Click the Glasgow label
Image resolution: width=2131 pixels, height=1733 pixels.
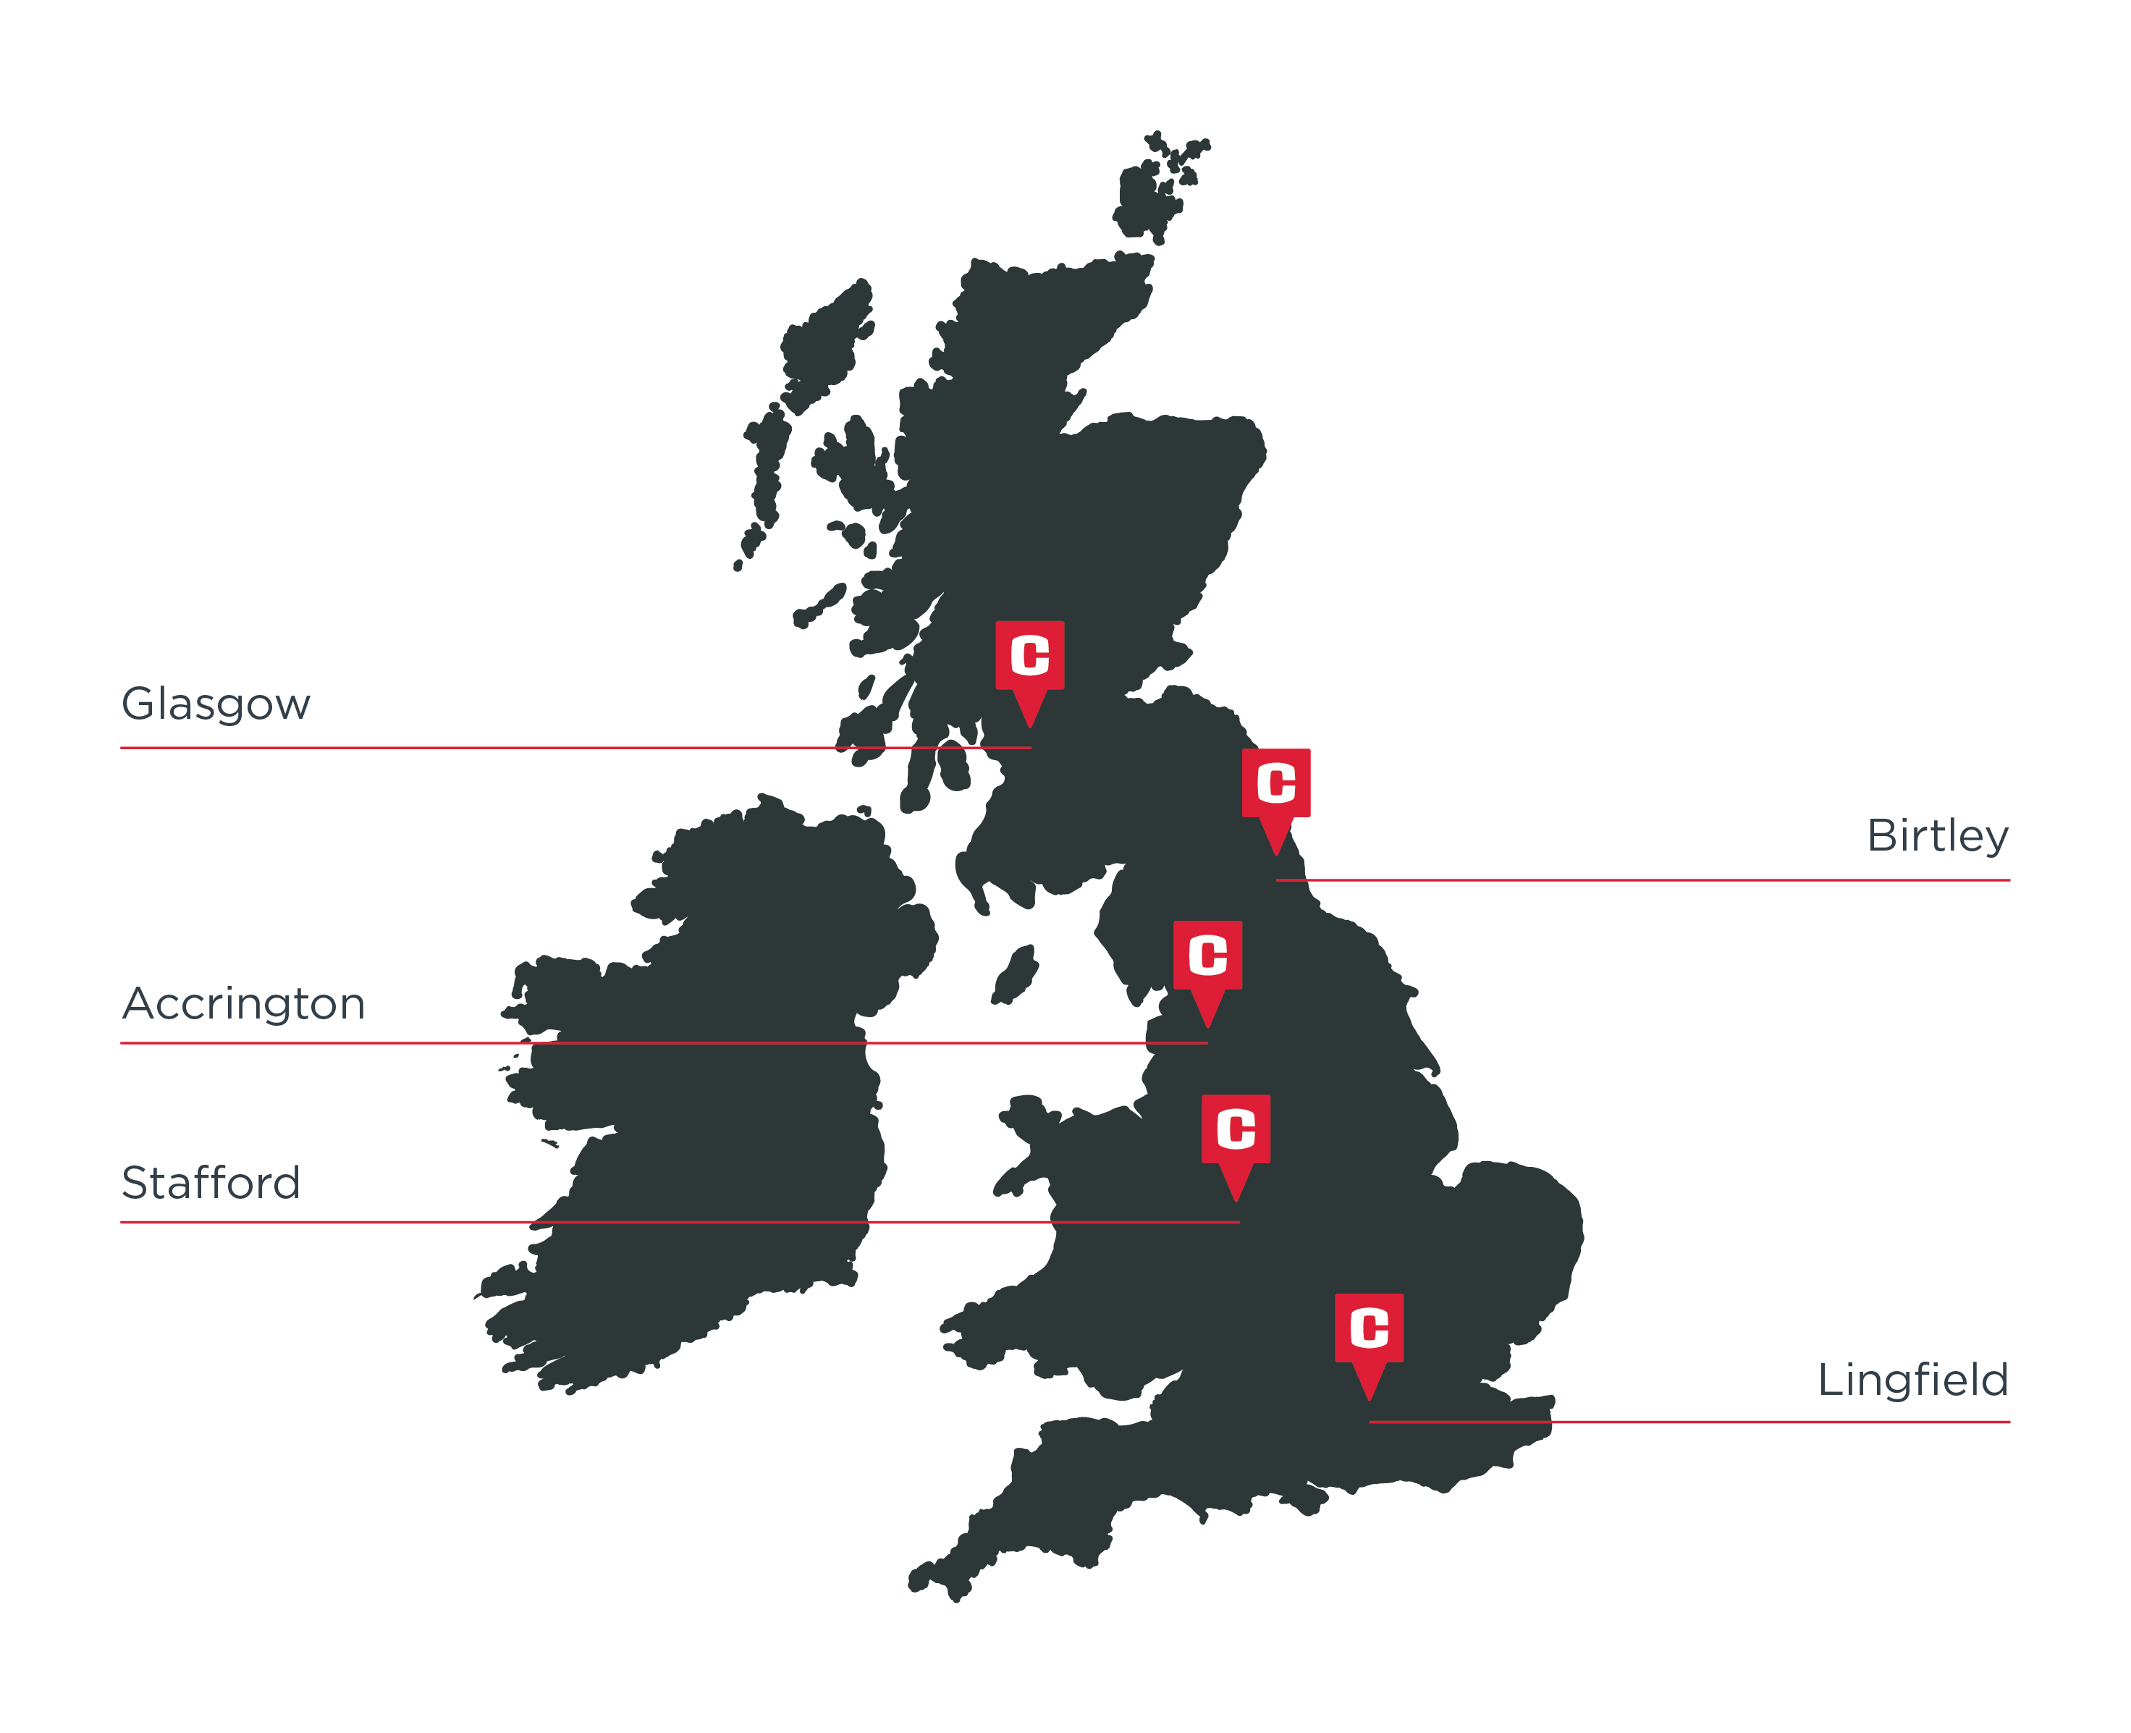(x=216, y=704)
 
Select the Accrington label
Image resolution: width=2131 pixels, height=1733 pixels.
(x=243, y=1003)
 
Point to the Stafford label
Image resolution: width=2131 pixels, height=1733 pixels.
(x=211, y=1183)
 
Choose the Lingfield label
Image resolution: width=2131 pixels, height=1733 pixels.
(x=1912, y=1380)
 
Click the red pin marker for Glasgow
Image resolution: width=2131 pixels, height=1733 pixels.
(x=1029, y=664)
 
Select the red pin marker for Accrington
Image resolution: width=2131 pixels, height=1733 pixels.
(x=1207, y=964)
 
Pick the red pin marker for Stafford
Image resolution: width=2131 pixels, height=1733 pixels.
(x=1236, y=1137)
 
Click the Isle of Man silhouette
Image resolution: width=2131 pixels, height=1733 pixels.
(x=1015, y=974)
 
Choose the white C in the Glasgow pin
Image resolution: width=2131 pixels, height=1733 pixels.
(x=1029, y=655)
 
